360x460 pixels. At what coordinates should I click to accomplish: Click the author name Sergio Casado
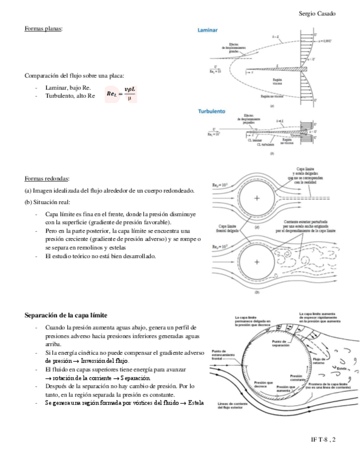(317, 13)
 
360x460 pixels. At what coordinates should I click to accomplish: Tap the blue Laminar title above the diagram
(208, 30)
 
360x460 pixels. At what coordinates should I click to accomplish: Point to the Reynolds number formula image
(122, 94)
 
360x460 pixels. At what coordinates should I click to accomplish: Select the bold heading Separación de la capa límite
(66, 315)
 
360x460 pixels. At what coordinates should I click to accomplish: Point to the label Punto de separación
(280, 343)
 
